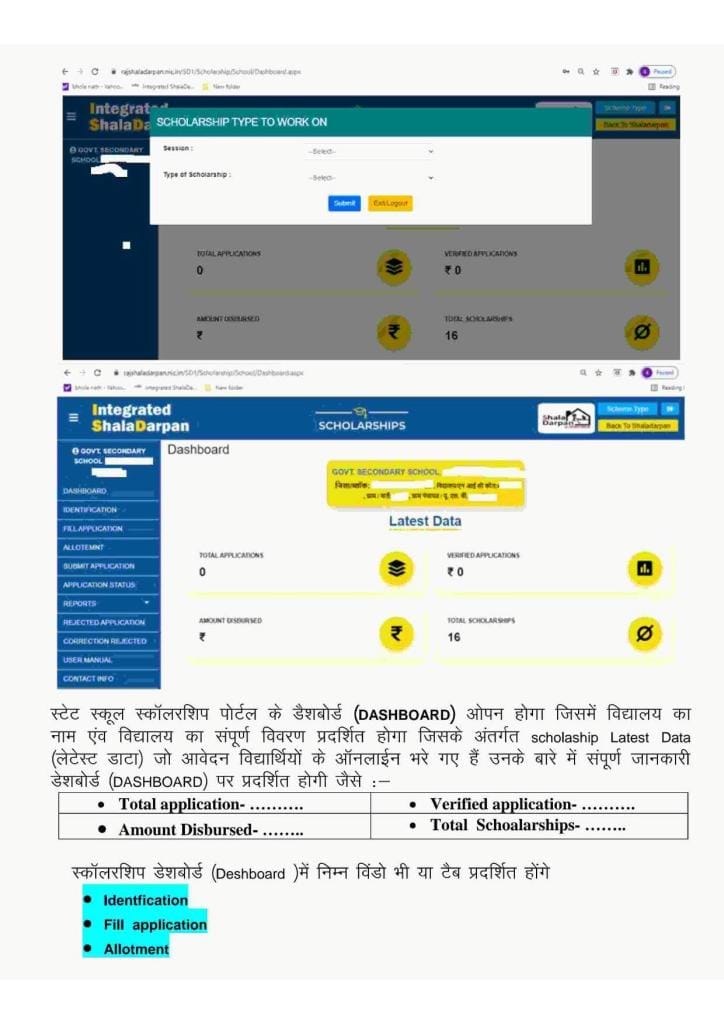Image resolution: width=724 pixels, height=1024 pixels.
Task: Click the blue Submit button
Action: click(x=344, y=203)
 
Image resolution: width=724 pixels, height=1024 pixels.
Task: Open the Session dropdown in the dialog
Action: click(x=370, y=151)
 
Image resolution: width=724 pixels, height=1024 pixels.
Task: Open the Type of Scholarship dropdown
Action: click(x=370, y=178)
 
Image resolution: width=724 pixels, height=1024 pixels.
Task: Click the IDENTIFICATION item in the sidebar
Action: click(x=91, y=510)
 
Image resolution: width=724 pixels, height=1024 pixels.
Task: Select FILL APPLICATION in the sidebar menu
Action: click(x=93, y=528)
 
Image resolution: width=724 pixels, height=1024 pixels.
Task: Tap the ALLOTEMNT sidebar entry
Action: click(x=84, y=547)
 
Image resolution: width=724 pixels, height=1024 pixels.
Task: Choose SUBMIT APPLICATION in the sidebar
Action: click(x=99, y=566)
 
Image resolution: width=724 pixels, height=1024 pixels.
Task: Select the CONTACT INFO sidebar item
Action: click(x=88, y=679)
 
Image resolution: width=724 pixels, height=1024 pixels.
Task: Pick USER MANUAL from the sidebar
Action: click(x=88, y=660)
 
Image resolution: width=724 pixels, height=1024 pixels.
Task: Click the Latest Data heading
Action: click(x=424, y=521)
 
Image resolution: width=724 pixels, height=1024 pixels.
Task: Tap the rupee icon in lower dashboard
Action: click(x=396, y=634)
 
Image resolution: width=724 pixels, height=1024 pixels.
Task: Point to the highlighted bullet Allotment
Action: click(x=136, y=949)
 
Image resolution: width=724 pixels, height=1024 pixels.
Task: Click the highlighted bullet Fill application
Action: click(x=155, y=925)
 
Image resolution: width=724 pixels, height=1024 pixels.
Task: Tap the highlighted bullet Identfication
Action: click(x=145, y=900)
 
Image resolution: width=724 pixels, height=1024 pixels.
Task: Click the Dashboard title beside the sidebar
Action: click(x=198, y=450)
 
